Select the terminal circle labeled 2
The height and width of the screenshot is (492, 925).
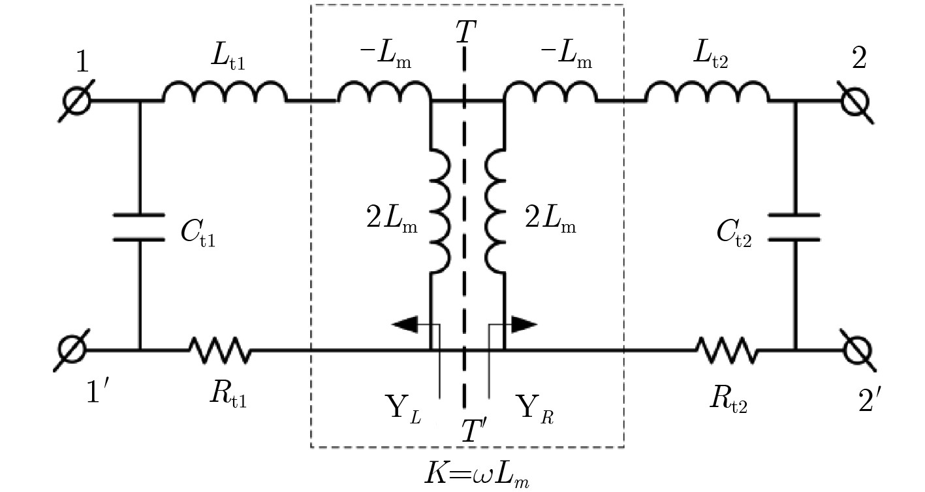(855, 101)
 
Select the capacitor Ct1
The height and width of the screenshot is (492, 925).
(139, 227)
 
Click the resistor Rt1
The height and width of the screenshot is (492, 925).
(219, 350)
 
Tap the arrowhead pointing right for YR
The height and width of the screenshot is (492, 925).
(524, 324)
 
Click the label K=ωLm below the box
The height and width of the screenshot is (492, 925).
(476, 474)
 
